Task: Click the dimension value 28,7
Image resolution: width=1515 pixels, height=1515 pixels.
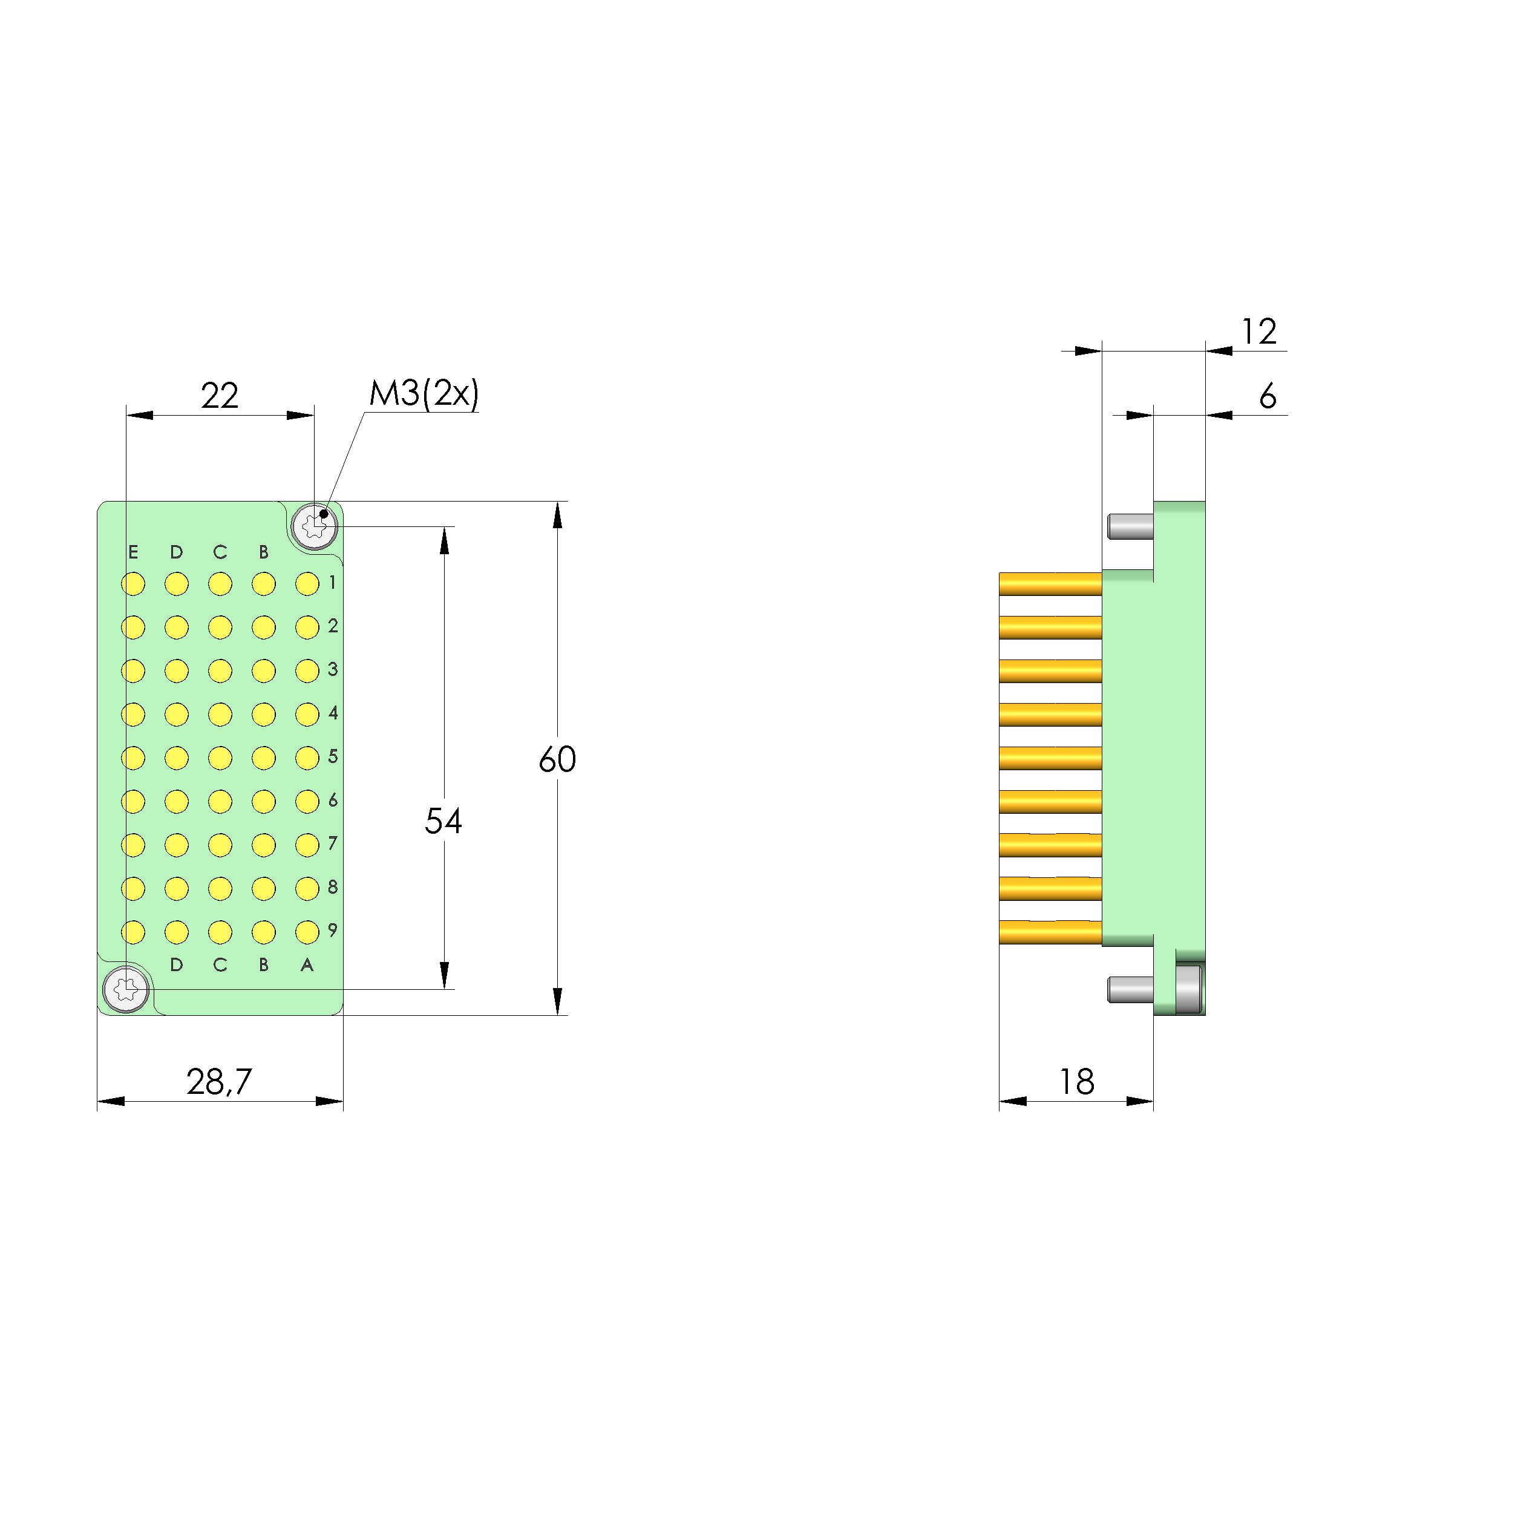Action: pos(219,1082)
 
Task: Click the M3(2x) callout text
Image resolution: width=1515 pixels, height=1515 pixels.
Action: pos(424,394)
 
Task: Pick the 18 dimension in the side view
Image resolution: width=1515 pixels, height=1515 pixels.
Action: pos(1076,1082)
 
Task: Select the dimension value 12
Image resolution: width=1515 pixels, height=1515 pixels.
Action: pos(1258,332)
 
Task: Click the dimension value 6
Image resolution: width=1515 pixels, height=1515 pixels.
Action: pos(1267,397)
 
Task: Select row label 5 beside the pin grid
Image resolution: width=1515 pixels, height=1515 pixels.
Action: pos(333,757)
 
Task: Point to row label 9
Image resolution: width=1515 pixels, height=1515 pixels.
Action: pos(333,930)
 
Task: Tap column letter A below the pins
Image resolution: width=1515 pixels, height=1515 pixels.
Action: pos(307,964)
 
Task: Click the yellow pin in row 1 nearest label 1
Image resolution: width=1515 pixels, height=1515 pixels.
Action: pos(307,584)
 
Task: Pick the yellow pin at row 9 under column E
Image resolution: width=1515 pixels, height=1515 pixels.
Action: pos(133,932)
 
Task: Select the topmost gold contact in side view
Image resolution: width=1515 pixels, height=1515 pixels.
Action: pos(1050,584)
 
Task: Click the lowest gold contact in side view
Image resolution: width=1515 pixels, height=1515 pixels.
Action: pos(1050,932)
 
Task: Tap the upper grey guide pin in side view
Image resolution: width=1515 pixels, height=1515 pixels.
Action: pos(1130,526)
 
